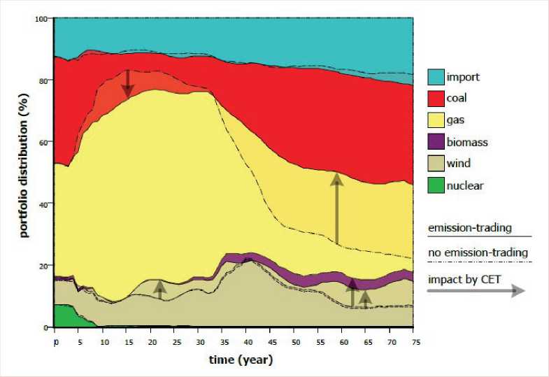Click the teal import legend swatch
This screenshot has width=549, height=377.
436,77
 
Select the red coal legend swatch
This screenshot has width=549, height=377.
436,99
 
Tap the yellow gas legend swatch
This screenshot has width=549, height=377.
436,120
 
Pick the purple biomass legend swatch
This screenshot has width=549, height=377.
436,142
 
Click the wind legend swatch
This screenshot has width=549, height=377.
436,164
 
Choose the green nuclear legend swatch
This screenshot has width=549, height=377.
436,185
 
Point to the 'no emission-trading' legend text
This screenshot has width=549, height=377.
477,252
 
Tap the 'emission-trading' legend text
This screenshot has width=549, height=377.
469,227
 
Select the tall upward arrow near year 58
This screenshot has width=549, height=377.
337,209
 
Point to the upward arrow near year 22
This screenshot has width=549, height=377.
160,290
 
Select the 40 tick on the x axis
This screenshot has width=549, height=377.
247,343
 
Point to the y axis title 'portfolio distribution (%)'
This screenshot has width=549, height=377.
24,172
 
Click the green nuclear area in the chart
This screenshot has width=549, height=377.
66,316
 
